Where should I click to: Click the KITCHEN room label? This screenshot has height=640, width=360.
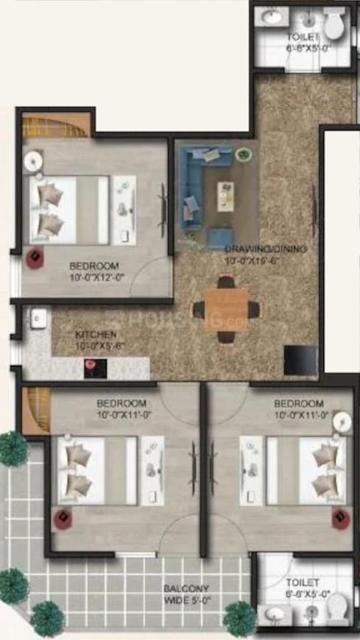pyautogui.click(x=91, y=334)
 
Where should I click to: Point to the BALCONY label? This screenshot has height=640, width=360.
pyautogui.click(x=187, y=589)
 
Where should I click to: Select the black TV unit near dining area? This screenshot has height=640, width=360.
pyautogui.click(x=300, y=360)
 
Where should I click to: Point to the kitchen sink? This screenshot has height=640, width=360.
pyautogui.click(x=38, y=319)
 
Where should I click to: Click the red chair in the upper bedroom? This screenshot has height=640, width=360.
pyautogui.click(x=35, y=258)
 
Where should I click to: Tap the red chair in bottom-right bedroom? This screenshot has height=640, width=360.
pyautogui.click(x=339, y=519)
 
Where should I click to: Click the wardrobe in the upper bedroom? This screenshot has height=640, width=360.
pyautogui.click(x=55, y=125)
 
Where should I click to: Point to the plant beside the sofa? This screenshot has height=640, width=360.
pyautogui.click(x=243, y=154)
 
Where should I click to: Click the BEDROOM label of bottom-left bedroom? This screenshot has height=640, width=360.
pyautogui.click(x=121, y=403)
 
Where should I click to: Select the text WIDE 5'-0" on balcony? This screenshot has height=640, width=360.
pyautogui.click(x=187, y=600)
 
